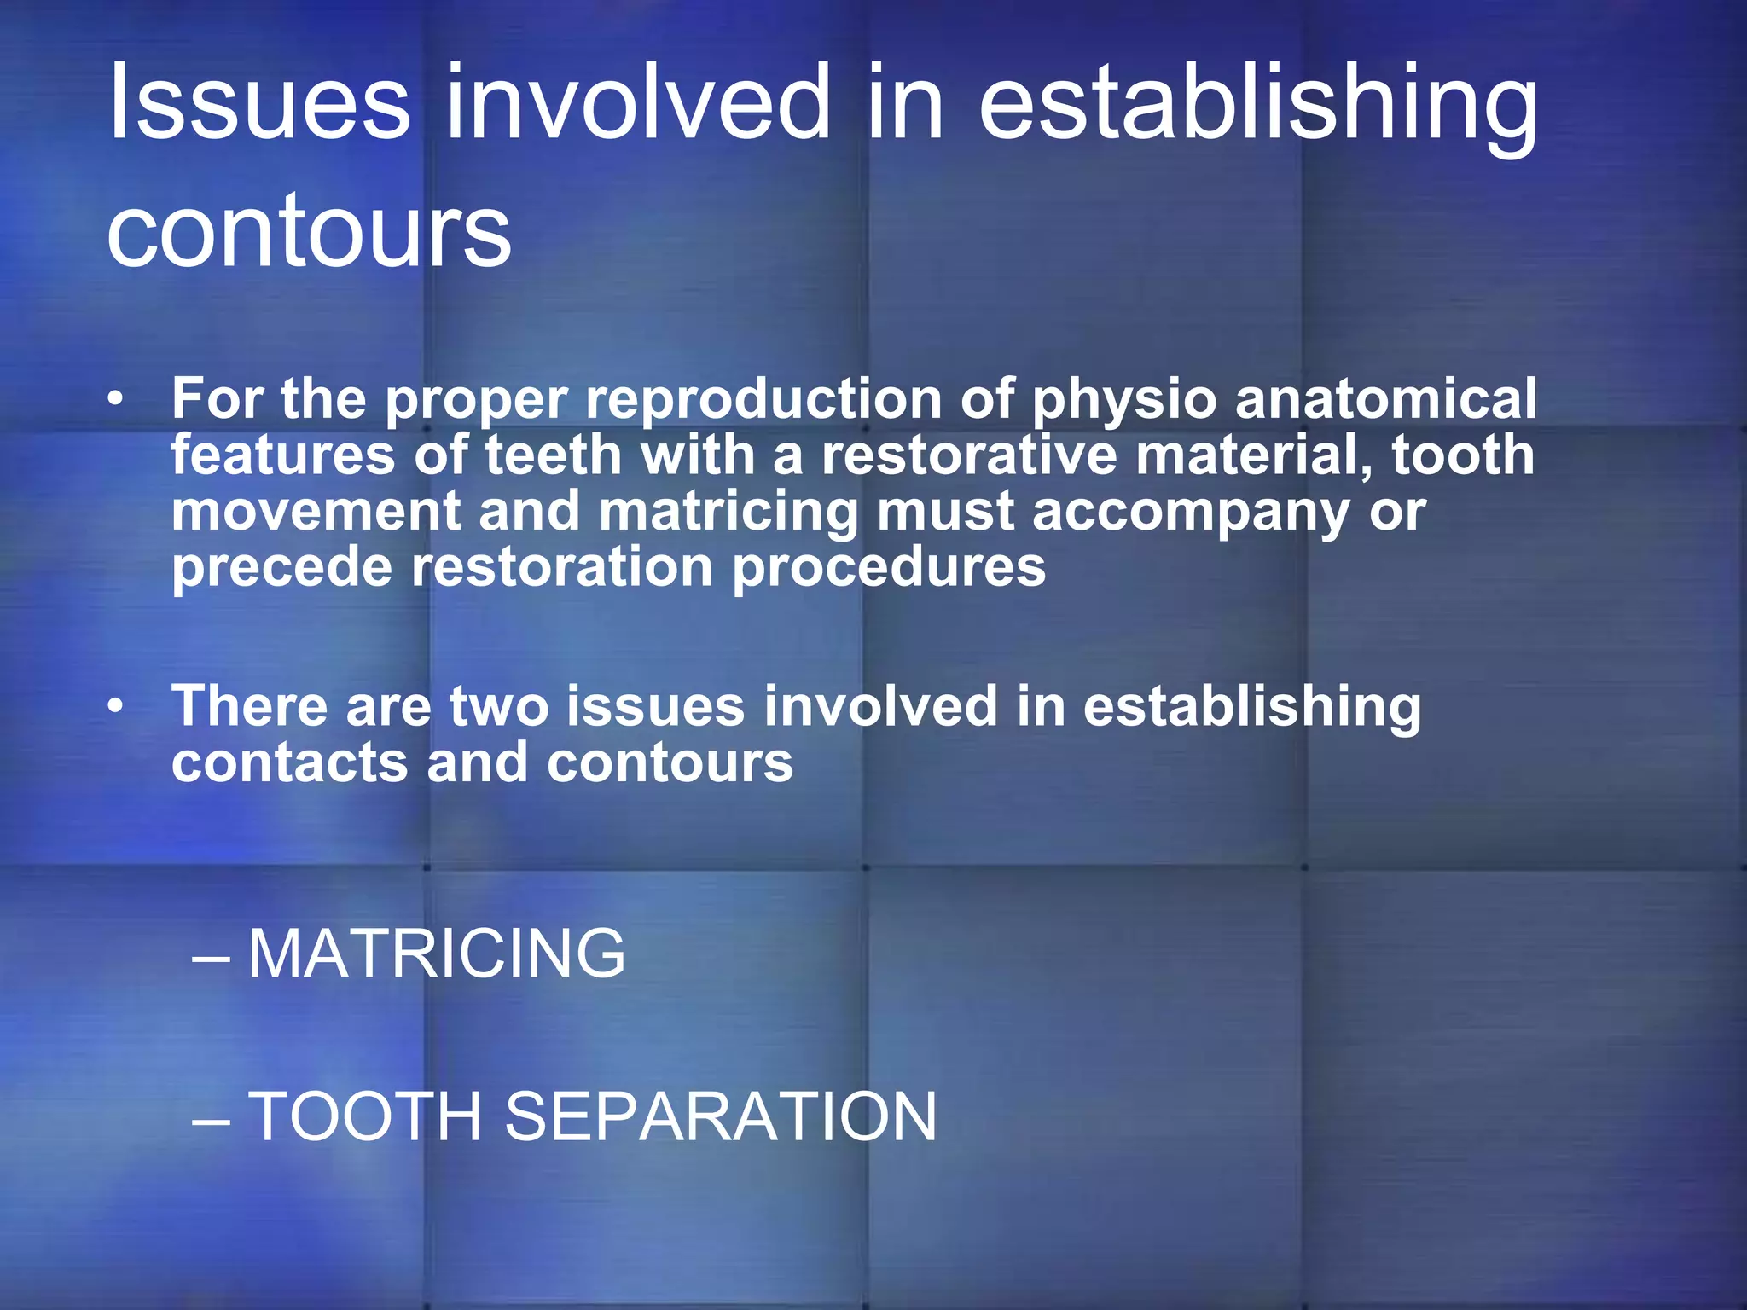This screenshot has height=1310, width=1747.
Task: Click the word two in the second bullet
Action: coord(498,707)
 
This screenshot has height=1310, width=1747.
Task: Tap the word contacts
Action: coord(289,762)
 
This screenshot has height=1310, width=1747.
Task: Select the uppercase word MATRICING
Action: coord(437,954)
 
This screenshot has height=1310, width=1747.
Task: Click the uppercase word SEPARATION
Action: coord(721,1116)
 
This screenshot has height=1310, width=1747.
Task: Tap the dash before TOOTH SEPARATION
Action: coord(211,1120)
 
